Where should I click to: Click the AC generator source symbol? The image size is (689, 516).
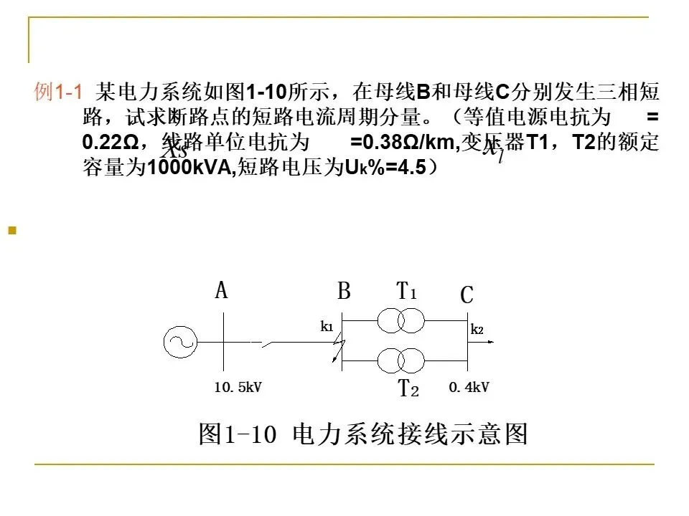179,342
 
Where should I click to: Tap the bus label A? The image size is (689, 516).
221,291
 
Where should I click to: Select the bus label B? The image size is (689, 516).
344,292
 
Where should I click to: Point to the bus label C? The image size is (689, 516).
467,295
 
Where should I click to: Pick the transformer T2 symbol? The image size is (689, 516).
401,358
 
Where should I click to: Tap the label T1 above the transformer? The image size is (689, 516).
406,291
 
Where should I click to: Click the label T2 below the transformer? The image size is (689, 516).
408,389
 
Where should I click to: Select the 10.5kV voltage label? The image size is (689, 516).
238,388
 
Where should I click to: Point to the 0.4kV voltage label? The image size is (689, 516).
469,388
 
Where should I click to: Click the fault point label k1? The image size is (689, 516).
327,327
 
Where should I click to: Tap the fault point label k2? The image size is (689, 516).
477,330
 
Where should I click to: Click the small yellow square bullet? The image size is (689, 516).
11,231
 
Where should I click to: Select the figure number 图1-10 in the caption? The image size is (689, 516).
238,434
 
